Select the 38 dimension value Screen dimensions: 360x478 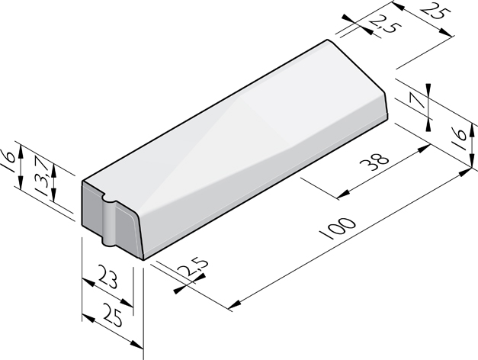pos(379,162)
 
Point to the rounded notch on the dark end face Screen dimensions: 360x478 pos(108,204)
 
